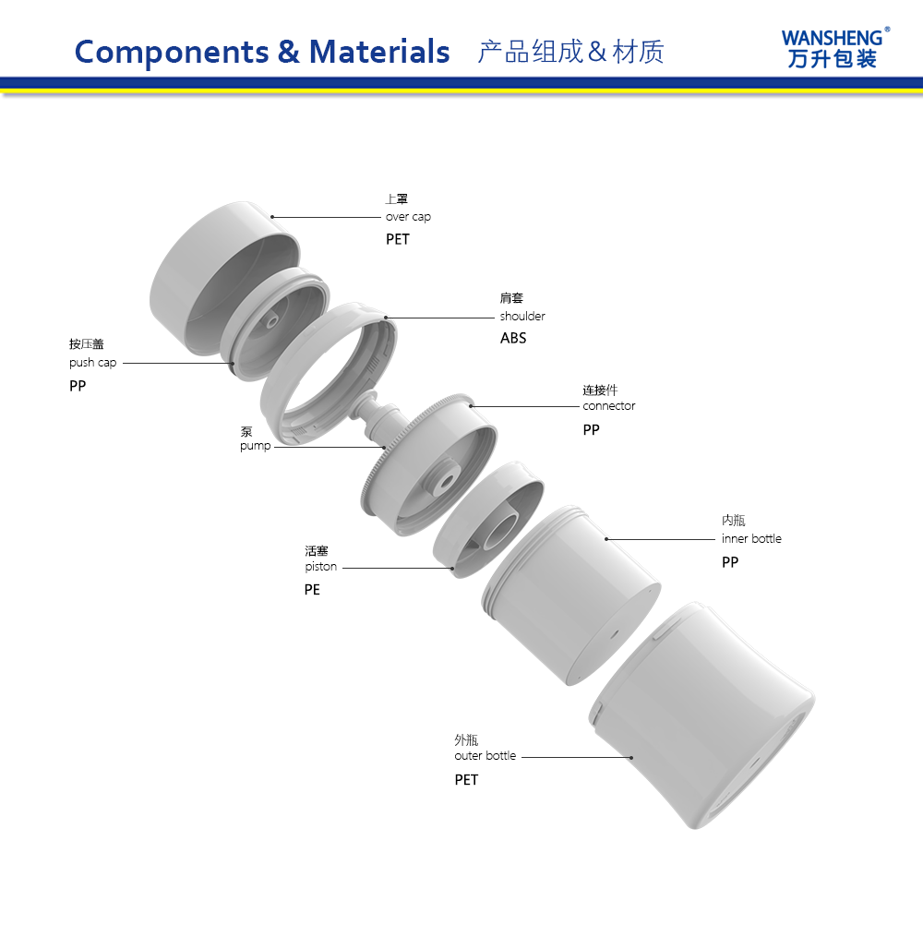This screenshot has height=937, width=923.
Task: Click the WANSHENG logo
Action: pyautogui.click(x=836, y=48)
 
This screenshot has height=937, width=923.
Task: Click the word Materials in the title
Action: pyautogui.click(x=379, y=52)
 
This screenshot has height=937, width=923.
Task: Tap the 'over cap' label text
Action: pyautogui.click(x=408, y=217)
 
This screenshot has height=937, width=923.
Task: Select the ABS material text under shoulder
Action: pyautogui.click(x=513, y=338)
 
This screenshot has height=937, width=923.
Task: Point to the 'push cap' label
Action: pyautogui.click(x=92, y=363)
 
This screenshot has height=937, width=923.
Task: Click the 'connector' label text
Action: pyautogui.click(x=609, y=406)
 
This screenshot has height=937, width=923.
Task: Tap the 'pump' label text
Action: pyautogui.click(x=255, y=446)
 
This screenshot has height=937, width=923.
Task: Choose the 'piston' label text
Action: pyautogui.click(x=321, y=567)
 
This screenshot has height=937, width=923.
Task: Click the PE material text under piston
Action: pyautogui.click(x=312, y=590)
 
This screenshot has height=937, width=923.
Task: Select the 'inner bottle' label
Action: pyautogui.click(x=751, y=538)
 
